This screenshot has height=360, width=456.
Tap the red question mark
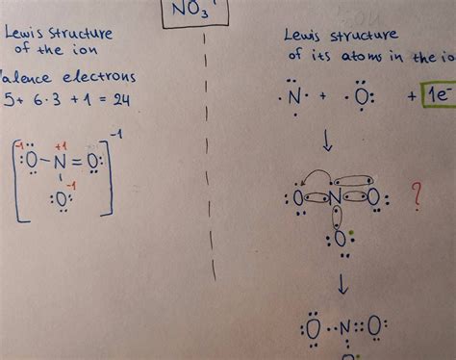click(416, 196)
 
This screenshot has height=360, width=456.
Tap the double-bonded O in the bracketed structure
click(93, 158)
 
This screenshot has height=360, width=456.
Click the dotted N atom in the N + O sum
click(293, 98)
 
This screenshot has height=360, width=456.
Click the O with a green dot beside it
click(340, 237)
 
